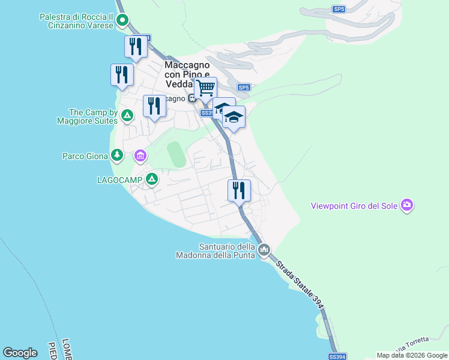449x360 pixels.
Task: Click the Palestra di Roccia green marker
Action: point(122,21)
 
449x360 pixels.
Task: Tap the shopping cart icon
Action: point(205,88)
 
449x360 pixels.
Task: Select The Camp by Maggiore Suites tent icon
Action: point(127,115)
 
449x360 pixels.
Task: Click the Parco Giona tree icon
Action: point(117,156)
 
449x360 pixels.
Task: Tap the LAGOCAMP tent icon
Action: point(152,179)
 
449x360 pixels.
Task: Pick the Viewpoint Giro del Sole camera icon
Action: point(408,206)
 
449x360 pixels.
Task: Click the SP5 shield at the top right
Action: point(339,9)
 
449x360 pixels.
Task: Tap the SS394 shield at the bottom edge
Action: point(338,357)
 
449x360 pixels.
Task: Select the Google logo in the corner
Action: point(20,353)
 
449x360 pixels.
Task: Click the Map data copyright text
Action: point(412,355)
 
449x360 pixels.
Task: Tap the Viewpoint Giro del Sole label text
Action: point(354,206)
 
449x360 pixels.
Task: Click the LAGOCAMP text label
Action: point(120,179)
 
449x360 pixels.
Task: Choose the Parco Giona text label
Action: point(85,156)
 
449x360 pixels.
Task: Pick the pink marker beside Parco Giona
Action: point(140,156)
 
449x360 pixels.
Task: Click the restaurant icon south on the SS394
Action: point(239,191)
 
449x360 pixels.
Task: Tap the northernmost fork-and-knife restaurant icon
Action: point(136,47)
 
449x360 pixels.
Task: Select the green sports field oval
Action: point(176,154)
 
